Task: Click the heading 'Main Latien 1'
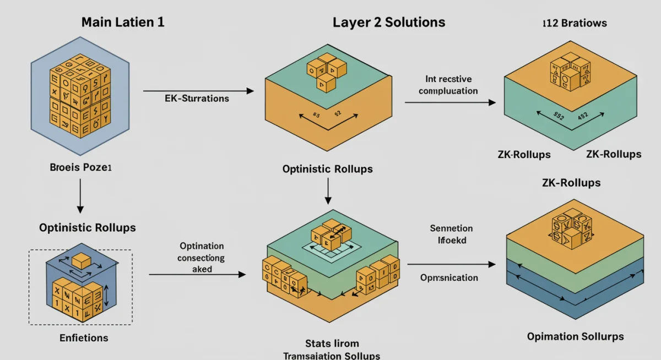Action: (x=122, y=23)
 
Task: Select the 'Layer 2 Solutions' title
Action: (x=389, y=23)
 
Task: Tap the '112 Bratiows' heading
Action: (x=575, y=23)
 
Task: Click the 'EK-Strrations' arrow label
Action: (x=197, y=99)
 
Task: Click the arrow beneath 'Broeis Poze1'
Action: (x=80, y=198)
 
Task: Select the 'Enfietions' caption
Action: (x=84, y=337)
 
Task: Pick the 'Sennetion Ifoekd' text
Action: (x=452, y=234)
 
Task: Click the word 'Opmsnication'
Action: (x=449, y=277)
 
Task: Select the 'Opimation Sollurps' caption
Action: (x=575, y=336)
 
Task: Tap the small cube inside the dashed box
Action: (x=82, y=260)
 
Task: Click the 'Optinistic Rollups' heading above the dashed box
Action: (x=87, y=227)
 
